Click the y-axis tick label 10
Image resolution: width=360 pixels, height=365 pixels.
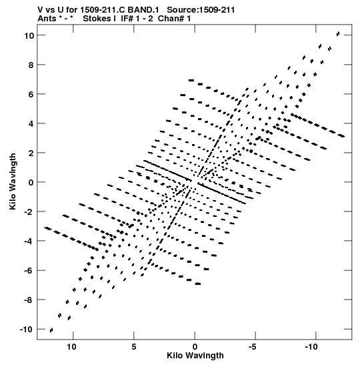[29, 36]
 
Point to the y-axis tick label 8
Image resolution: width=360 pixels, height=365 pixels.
[31, 65]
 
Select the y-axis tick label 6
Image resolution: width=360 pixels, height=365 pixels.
[31, 95]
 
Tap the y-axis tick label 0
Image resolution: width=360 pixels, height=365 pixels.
[31, 183]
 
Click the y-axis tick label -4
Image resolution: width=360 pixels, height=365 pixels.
[29, 241]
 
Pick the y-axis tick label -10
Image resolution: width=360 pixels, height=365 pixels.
[27, 330]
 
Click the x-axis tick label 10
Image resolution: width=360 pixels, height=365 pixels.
[71, 347]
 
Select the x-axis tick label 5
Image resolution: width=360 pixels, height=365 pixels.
[134, 347]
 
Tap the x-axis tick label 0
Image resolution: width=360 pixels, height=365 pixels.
[195, 347]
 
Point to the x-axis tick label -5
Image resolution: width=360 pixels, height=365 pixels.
[253, 347]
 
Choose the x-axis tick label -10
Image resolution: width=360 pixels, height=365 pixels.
[311, 347]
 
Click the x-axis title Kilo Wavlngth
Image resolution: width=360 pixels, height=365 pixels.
[195, 356]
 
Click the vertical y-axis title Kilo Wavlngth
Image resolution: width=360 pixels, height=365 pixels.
[13, 181]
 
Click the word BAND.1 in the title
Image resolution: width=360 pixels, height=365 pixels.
[143, 10]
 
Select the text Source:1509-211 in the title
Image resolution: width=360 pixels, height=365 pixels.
[201, 10]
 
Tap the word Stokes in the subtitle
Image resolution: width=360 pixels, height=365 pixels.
[99, 19]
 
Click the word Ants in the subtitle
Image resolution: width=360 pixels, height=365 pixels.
[46, 19]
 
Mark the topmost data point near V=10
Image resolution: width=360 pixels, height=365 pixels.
[338, 34]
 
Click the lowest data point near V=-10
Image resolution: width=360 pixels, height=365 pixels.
[51, 330]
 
